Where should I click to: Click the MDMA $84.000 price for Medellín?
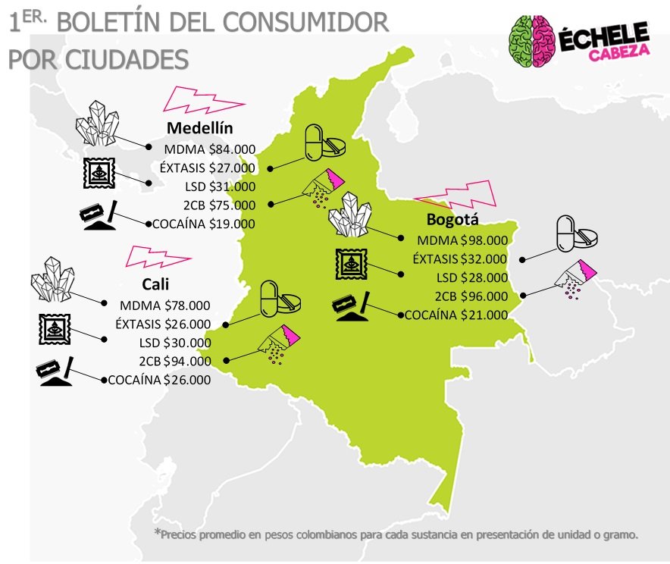point(210,149)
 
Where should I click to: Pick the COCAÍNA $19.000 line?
point(204,224)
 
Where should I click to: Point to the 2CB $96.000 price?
point(471,296)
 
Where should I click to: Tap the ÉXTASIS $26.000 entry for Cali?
point(163,324)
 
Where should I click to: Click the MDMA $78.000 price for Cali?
point(165,306)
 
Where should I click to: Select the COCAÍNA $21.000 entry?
point(456,315)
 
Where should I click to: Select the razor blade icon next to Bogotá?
point(350,304)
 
